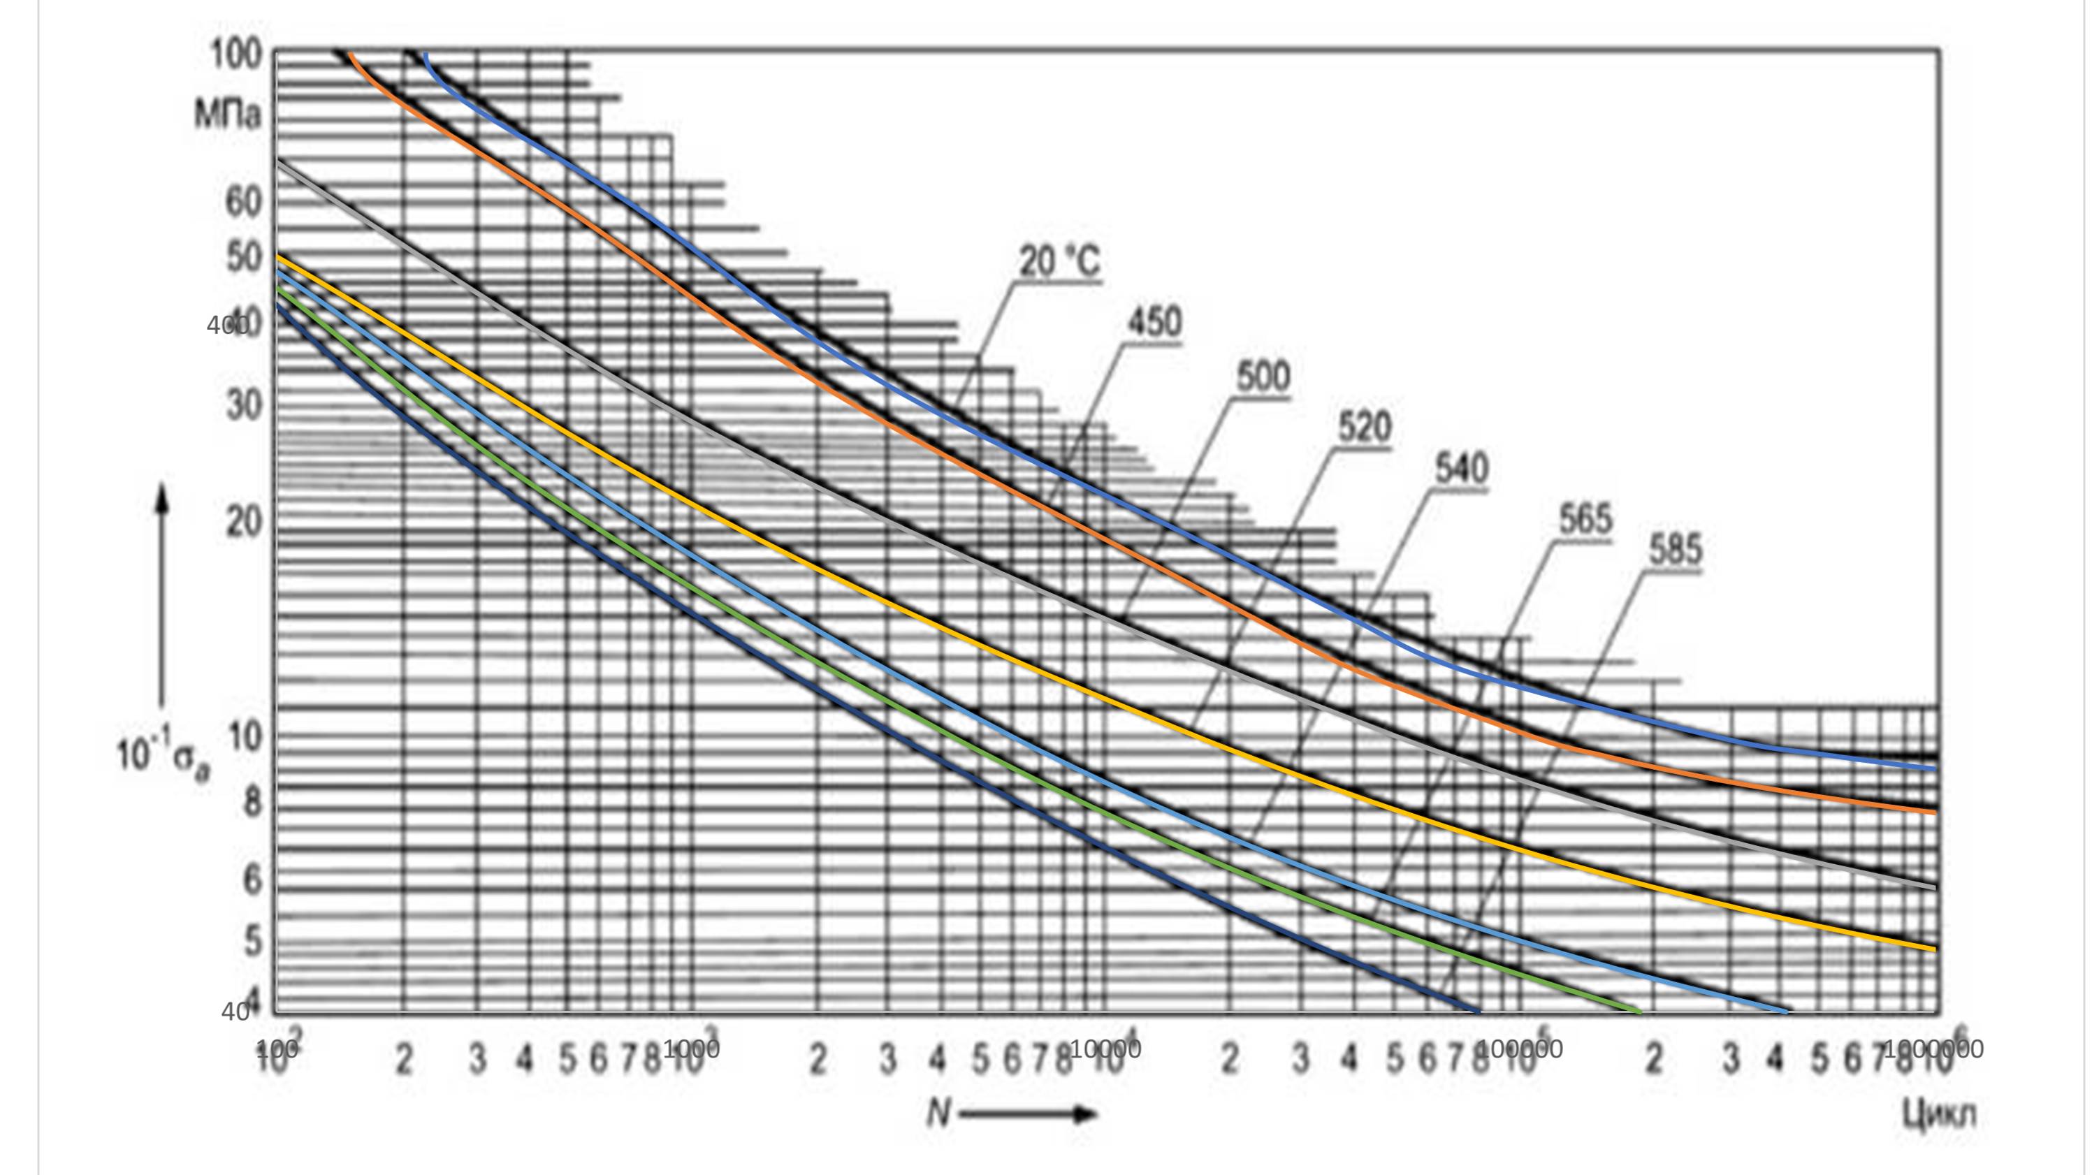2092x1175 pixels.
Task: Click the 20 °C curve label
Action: pos(1059,262)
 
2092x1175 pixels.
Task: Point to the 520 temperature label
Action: pos(1365,427)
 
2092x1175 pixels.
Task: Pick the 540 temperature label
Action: pos(1461,469)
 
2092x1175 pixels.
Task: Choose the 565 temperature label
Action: pos(1585,520)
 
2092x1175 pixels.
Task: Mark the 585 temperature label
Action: pos(1675,550)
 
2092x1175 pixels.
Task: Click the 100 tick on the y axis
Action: pos(236,55)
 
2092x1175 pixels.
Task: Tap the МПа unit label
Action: pos(227,115)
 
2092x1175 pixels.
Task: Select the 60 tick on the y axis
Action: pos(243,201)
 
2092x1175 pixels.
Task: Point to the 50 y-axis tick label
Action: pos(243,258)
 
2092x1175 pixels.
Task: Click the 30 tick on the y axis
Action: pos(244,404)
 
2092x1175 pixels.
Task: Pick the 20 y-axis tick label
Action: pos(244,522)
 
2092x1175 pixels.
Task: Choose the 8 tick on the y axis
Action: pos(252,802)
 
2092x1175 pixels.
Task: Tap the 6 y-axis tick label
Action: pos(252,880)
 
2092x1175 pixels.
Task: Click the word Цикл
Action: pos(1938,1114)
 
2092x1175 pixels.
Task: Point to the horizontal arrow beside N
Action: pos(1027,1114)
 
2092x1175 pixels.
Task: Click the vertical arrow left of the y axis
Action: pos(162,593)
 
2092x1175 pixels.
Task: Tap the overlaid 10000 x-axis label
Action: pos(1105,1049)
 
